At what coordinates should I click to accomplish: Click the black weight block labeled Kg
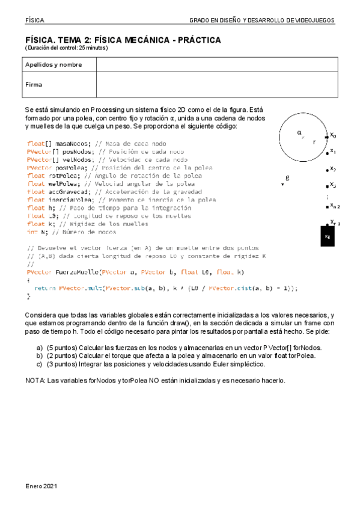[328, 236]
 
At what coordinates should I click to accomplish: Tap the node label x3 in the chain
[333, 185]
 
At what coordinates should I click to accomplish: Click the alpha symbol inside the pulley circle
[299, 132]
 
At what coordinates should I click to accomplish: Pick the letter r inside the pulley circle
[313, 143]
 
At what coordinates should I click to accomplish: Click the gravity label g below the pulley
[287, 177]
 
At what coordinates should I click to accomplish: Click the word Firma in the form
[34, 85]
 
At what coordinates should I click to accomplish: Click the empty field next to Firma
[215, 85]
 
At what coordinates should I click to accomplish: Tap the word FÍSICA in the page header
[35, 20]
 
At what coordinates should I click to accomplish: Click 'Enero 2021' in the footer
[41, 485]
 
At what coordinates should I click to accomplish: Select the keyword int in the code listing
[32, 232]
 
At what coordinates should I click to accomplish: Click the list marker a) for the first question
[40, 348]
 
